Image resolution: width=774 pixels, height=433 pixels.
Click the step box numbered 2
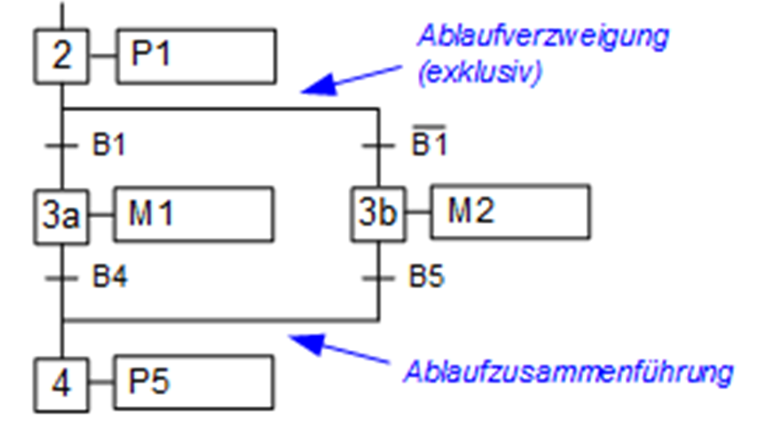point(61,56)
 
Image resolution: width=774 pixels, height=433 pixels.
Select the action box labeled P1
point(196,56)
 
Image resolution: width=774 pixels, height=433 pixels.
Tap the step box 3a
point(61,216)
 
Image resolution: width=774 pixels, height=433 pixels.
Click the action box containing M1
point(193,214)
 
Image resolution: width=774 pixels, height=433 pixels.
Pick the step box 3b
point(378,214)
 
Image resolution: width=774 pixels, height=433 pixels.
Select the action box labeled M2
point(510,212)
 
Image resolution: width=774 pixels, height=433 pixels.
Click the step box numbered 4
point(62,383)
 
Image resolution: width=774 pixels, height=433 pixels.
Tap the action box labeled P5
point(194,382)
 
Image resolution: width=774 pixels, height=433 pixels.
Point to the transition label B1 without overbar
point(108,147)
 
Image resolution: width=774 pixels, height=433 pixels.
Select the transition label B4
point(109,277)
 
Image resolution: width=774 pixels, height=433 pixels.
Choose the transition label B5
point(426,277)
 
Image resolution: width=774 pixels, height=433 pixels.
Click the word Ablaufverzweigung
point(542,37)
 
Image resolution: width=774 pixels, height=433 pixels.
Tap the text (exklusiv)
point(479,73)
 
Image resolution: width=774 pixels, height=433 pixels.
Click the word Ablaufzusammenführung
point(568,373)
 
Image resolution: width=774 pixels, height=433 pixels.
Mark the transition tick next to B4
point(62,278)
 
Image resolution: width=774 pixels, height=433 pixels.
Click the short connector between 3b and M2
point(417,214)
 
